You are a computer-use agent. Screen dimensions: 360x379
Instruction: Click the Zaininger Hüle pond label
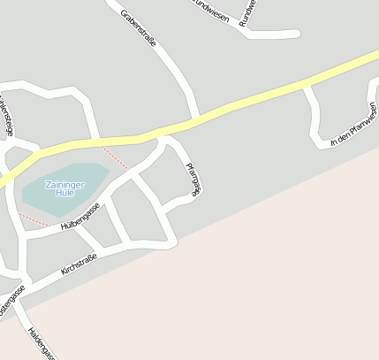click(x=64, y=187)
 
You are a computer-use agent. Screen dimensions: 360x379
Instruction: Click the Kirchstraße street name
click(x=79, y=263)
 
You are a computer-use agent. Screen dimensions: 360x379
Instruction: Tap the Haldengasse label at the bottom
click(x=41, y=345)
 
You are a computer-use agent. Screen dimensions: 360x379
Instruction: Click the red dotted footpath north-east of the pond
click(x=114, y=157)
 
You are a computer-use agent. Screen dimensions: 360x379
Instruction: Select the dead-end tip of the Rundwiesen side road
click(x=297, y=34)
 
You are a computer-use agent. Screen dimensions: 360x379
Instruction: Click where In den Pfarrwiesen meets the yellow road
click(x=306, y=85)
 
